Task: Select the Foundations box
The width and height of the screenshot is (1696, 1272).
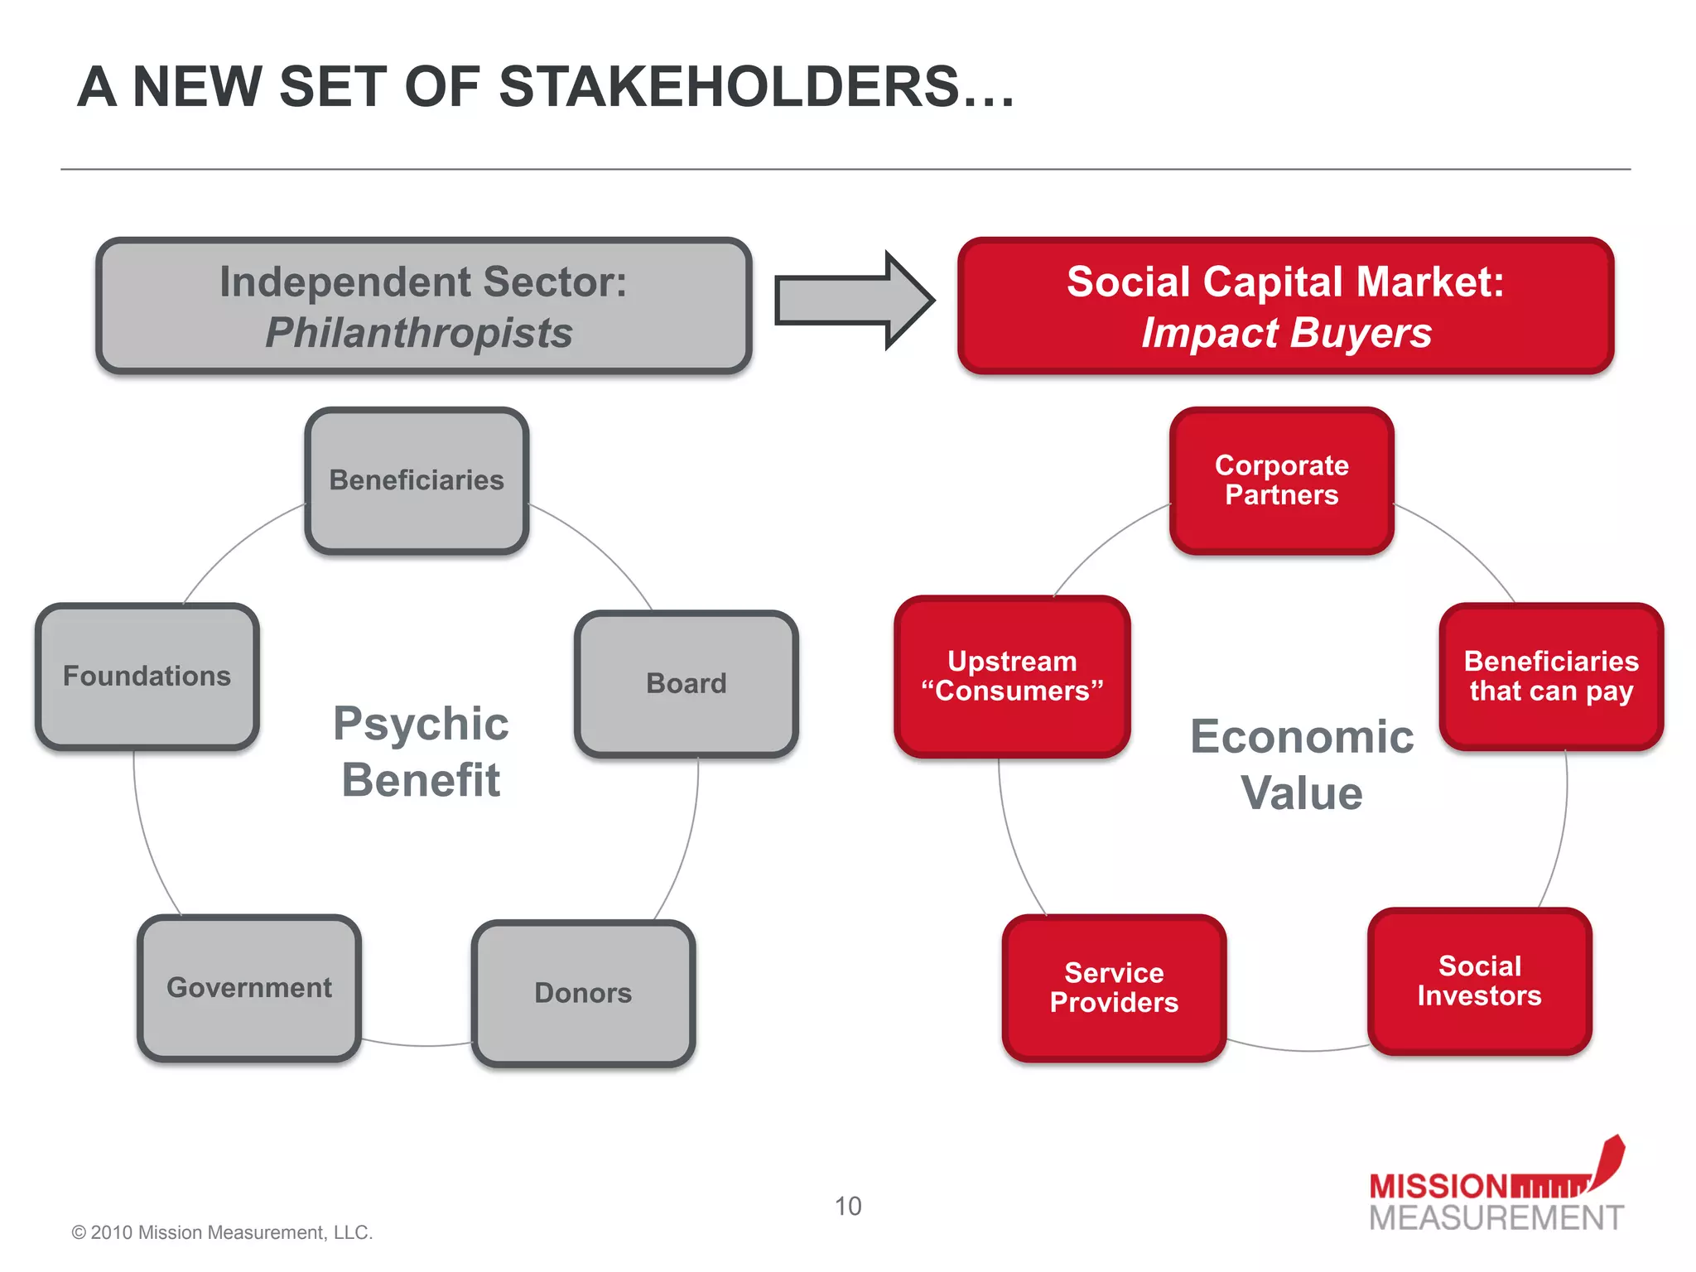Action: coord(147,677)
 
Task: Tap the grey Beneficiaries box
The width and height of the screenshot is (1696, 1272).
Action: coord(417,480)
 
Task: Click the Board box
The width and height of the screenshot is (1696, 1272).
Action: coord(686,684)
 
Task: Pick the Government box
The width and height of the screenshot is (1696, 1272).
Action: coord(249,988)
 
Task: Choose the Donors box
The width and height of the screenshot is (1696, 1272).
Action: coord(583,993)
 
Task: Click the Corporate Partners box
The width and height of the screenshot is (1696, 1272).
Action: coord(1281,480)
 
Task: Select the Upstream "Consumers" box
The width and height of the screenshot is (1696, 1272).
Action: coord(1012,677)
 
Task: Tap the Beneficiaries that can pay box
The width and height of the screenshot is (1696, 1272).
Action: coord(1551,677)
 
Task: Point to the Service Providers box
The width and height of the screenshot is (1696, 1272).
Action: coord(1114,988)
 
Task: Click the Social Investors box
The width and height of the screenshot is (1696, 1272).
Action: coord(1479,981)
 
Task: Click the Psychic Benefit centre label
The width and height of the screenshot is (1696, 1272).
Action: coord(421,752)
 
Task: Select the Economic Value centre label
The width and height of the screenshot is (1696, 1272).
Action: coord(1302,764)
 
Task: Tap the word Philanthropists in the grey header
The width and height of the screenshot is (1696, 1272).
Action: coord(419,333)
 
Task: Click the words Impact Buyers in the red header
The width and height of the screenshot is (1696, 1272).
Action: coord(1286,333)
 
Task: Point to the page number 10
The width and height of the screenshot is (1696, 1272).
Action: coord(847,1207)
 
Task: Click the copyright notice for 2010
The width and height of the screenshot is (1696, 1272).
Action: coord(222,1232)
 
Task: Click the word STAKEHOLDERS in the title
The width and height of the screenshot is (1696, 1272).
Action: coord(729,87)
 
